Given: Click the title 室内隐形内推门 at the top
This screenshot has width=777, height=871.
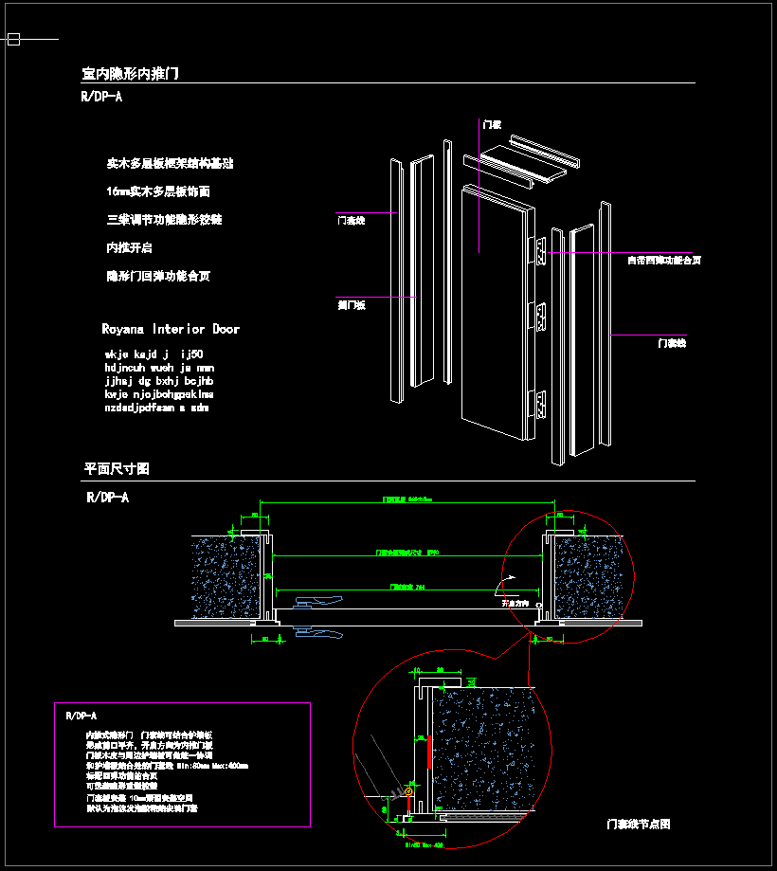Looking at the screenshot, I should click(x=130, y=73).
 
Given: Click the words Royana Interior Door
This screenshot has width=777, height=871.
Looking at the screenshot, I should click(x=171, y=329).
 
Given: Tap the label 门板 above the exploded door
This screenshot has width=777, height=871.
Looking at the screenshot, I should click(x=491, y=124).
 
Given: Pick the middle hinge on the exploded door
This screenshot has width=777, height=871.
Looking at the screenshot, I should click(x=541, y=314).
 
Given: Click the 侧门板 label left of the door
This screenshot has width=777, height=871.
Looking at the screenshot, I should click(x=352, y=305).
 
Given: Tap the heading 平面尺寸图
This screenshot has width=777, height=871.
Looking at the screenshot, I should click(x=117, y=469).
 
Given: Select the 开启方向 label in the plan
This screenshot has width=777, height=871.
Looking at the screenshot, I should click(x=514, y=603).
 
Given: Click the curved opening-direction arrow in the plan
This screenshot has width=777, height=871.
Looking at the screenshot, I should click(x=510, y=581).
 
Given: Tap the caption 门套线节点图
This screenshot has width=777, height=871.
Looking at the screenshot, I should click(x=639, y=825).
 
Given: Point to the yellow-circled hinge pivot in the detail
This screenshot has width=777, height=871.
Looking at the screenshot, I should click(x=409, y=791).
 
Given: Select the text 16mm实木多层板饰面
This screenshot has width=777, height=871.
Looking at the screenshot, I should click(x=158, y=191).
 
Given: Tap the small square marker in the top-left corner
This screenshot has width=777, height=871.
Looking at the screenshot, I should click(x=13, y=40).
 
